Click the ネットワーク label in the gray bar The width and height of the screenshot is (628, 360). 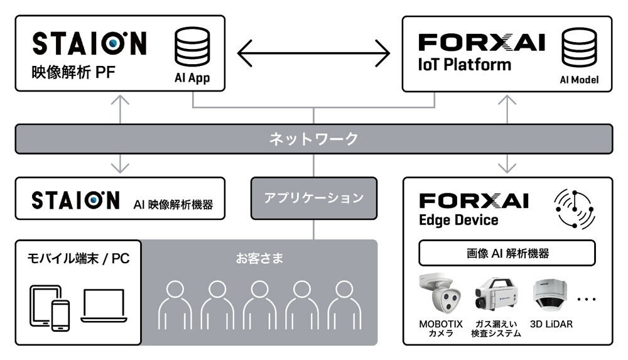(x=314, y=138)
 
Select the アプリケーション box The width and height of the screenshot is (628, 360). (x=314, y=198)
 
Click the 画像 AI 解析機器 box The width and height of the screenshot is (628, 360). (x=507, y=253)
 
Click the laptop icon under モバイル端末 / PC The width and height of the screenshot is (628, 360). (x=104, y=306)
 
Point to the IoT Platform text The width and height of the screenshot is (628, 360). (x=464, y=65)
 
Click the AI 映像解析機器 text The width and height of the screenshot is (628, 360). (x=173, y=204)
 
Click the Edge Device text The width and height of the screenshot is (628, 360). (x=458, y=220)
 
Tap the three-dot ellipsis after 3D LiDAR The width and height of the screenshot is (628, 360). (x=587, y=300)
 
